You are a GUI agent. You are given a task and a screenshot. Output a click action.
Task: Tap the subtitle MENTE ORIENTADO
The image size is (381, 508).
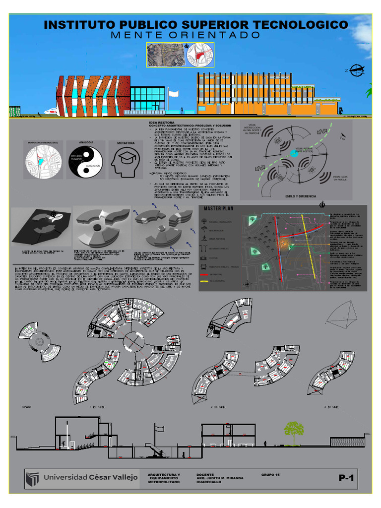click(x=186, y=36)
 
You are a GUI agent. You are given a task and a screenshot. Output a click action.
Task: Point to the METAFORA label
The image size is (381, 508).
click(x=126, y=142)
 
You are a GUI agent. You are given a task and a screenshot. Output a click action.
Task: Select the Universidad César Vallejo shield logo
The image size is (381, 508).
click(x=33, y=479)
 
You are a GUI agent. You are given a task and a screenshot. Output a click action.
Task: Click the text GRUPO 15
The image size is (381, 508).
click(x=270, y=475)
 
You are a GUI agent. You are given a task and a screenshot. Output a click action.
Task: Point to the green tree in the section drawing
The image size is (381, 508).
click(x=294, y=430)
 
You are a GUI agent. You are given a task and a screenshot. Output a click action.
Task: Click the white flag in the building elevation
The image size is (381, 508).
click(x=174, y=93)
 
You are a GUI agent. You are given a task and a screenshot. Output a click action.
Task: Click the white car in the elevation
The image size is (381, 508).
click(x=51, y=112)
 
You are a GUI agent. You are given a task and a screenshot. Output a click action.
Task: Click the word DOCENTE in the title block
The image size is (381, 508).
click(x=205, y=475)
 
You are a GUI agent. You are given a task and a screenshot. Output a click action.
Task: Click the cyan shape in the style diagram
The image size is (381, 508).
click(x=294, y=153)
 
